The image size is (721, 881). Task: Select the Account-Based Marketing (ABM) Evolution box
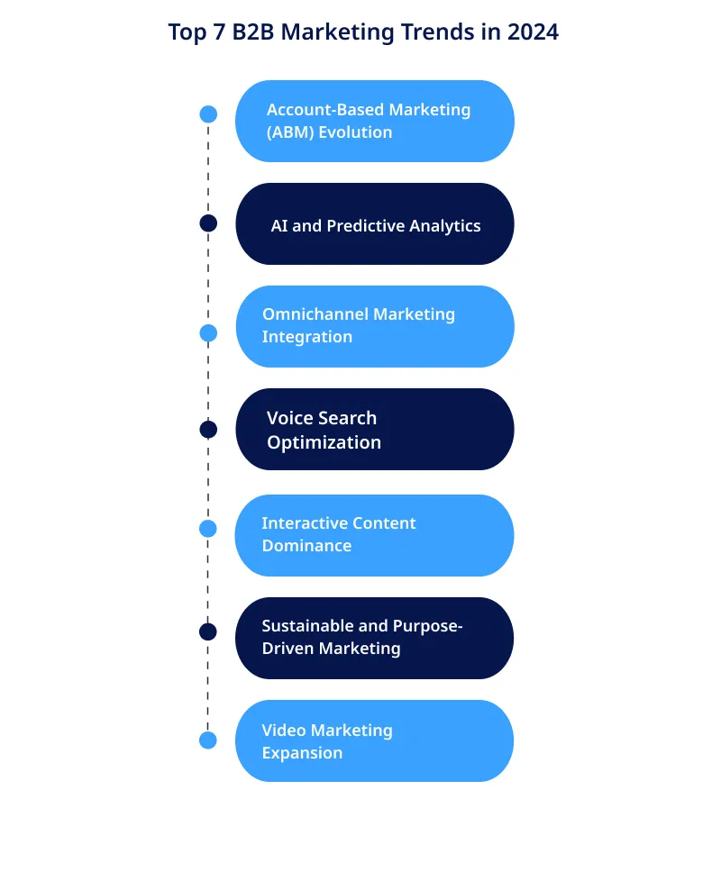click(375, 121)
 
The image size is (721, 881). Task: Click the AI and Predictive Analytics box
click(375, 224)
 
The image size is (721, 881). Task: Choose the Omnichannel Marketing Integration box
click(375, 326)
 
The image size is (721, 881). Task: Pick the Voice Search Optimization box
click(375, 429)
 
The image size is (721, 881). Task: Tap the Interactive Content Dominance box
click(375, 534)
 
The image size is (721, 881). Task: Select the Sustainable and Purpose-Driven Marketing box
click(375, 637)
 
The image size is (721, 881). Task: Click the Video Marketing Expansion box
click(375, 740)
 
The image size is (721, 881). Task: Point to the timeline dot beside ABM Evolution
click(208, 114)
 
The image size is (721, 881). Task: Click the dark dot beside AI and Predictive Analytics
click(208, 223)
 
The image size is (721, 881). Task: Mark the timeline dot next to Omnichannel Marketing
click(208, 333)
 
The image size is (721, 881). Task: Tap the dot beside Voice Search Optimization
click(208, 430)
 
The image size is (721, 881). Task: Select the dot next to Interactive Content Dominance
click(208, 529)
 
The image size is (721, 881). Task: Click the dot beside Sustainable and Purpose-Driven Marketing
click(208, 631)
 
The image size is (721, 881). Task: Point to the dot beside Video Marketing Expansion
click(208, 740)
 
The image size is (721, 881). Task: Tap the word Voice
click(288, 418)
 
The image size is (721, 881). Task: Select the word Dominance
click(306, 546)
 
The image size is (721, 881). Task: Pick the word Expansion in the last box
click(302, 753)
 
